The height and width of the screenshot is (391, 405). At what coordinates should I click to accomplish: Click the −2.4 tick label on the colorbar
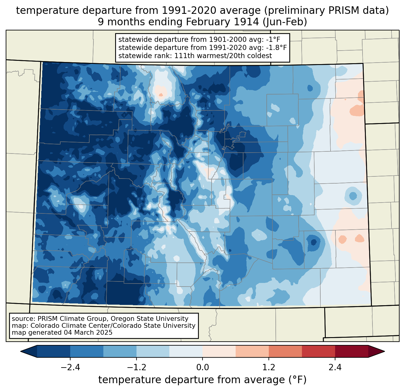70,368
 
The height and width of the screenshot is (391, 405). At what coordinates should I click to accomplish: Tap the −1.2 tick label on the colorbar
136,368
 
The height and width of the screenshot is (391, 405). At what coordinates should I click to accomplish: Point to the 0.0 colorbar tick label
202,368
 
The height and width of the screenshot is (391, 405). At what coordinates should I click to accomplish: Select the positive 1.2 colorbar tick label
269,368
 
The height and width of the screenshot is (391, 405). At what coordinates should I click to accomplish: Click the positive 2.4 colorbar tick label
335,368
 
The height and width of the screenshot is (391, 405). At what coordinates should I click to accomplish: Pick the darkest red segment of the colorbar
351,351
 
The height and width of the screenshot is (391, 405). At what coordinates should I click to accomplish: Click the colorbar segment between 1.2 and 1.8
285,351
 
